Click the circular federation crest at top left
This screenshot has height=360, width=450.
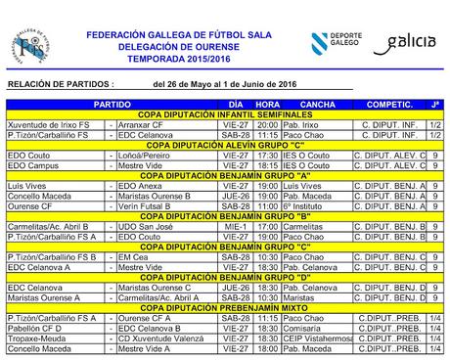click(x=30, y=44)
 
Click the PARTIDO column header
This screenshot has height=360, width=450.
click(x=112, y=104)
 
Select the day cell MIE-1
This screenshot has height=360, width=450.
click(x=234, y=226)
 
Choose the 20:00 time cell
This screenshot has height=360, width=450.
click(x=267, y=125)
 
